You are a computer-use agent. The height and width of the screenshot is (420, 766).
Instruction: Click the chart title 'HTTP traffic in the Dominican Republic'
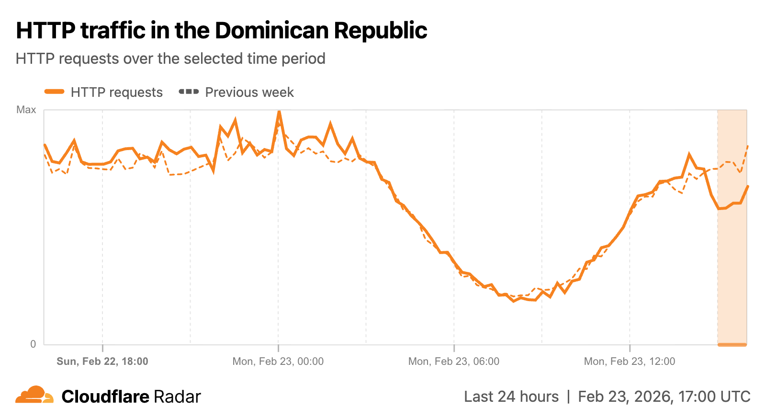point(221,31)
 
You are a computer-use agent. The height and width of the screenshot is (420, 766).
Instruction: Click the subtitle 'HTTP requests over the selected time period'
point(170,58)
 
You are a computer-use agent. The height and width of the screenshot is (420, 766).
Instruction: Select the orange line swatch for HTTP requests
point(55,92)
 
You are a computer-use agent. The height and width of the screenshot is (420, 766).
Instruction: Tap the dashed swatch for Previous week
point(189,92)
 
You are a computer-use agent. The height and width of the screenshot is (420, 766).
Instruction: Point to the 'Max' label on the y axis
point(26,110)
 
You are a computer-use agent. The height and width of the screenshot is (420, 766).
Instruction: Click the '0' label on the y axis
point(33,344)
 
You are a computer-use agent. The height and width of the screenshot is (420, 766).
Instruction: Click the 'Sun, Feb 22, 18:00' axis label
point(102,362)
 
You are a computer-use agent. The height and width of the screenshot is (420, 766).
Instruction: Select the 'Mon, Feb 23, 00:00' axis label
point(278,362)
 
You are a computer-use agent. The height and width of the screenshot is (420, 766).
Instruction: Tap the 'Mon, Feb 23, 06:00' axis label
point(454,362)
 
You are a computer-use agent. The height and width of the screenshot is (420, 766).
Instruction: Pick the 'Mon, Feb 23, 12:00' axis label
point(630,362)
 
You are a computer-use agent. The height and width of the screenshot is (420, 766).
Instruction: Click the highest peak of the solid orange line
point(279,112)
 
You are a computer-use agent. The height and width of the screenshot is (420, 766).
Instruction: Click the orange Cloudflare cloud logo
point(34,395)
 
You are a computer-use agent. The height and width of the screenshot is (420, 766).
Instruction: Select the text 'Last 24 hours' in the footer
point(511,397)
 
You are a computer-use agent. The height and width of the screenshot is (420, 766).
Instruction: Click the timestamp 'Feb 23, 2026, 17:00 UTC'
point(664,397)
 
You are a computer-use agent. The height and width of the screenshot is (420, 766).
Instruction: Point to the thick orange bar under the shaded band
point(732,344)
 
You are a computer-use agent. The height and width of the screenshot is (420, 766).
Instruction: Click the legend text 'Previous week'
point(249,93)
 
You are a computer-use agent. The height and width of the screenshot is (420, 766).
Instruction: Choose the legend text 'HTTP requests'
point(117,93)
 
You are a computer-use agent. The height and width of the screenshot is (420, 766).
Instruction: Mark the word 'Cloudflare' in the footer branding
point(105,397)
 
